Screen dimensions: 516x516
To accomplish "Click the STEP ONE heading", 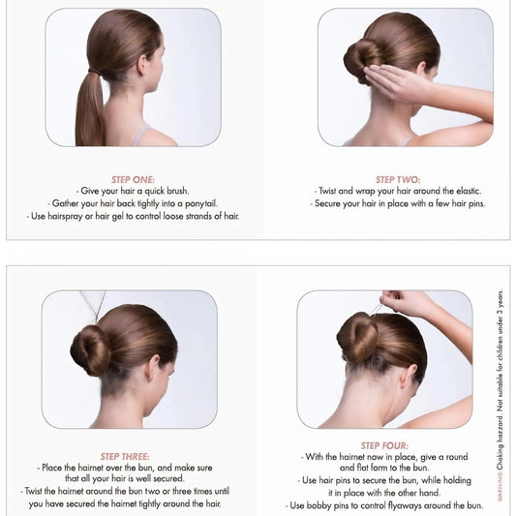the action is [x=133, y=180].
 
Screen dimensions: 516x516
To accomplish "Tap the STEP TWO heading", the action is [x=398, y=180].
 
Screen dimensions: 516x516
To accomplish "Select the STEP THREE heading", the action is [x=125, y=456].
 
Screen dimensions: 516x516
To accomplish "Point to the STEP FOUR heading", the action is [x=384, y=445].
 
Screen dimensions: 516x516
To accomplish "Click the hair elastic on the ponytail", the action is [x=95, y=71].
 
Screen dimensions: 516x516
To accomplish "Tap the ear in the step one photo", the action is [x=142, y=65].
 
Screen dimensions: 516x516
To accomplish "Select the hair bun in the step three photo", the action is [x=90, y=350].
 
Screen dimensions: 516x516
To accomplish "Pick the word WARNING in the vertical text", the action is [x=501, y=486].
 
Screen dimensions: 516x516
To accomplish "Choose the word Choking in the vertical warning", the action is [x=501, y=457].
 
